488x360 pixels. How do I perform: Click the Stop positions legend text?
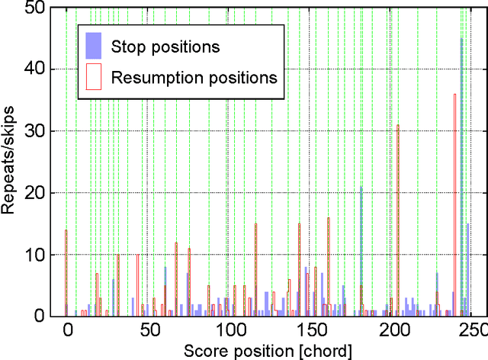coord(165,47)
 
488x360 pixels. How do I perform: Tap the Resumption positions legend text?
coord(194,77)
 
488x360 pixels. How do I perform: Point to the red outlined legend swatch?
coord(93,77)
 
